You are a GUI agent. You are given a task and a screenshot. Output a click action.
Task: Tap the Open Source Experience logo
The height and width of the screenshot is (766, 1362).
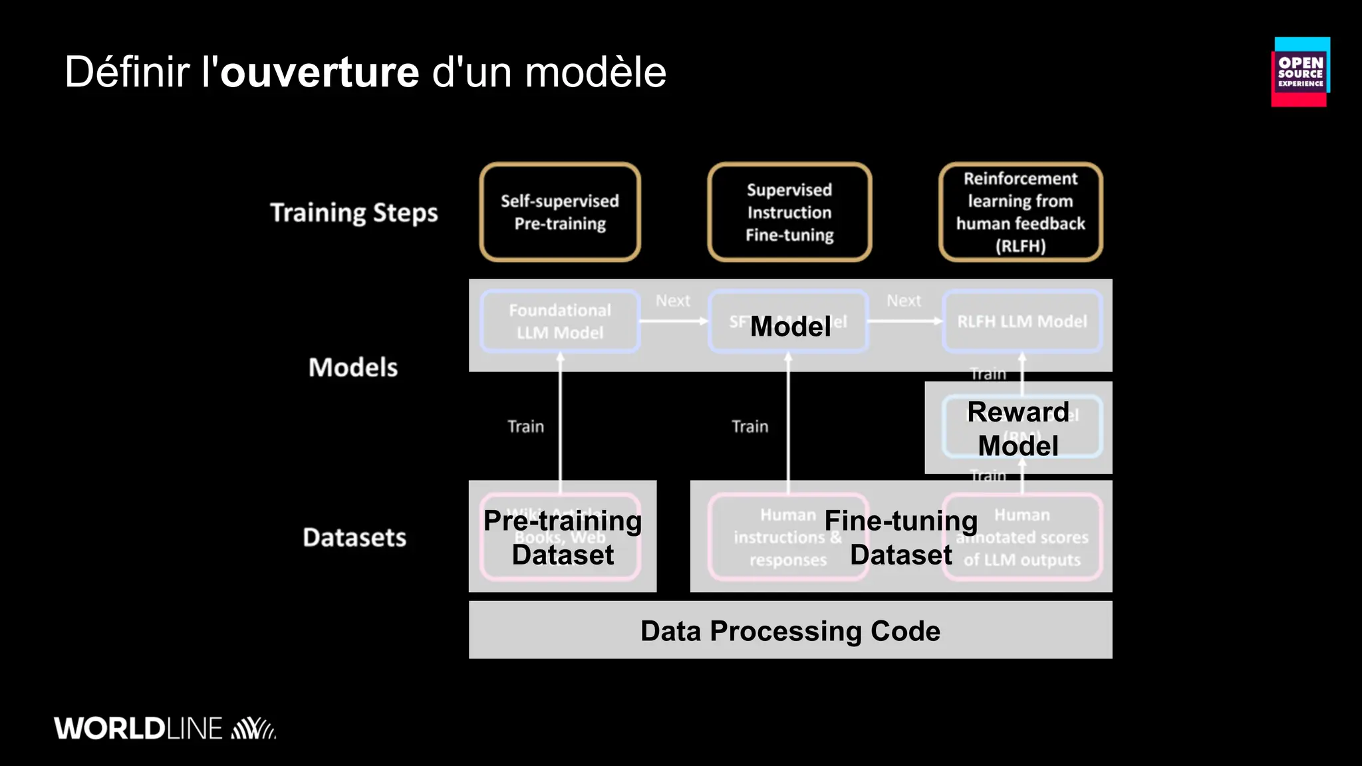point(1300,72)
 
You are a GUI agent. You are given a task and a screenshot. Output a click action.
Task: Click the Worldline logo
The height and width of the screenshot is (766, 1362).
point(164,728)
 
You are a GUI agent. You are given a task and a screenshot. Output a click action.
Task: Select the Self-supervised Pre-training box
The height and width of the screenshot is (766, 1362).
point(560,212)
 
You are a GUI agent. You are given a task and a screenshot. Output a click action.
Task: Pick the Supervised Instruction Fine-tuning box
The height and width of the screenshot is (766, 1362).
point(789,212)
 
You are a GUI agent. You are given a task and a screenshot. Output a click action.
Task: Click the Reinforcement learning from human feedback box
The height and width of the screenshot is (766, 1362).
point(1020,212)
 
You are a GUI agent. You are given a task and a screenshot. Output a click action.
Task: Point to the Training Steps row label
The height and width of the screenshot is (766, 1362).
point(354,213)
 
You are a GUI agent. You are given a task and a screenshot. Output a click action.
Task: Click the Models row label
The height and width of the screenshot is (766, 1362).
point(352,368)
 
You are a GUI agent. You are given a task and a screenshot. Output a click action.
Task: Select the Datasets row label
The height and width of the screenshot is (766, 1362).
point(354,537)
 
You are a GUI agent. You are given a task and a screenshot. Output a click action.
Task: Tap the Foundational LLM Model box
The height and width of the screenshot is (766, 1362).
point(560,321)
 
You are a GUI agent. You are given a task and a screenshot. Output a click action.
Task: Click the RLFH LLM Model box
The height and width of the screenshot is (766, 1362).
point(1022,321)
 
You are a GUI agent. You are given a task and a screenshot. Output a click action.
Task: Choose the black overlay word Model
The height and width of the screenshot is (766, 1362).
point(790,326)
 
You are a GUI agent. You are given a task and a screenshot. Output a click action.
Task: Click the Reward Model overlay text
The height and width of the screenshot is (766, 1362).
point(1018,429)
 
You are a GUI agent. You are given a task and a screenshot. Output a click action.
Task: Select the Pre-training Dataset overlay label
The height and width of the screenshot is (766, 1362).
point(563,537)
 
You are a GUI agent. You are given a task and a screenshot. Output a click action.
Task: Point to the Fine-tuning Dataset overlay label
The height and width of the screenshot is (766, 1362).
point(900,537)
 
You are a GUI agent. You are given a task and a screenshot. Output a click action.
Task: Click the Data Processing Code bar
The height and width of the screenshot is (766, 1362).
point(790,630)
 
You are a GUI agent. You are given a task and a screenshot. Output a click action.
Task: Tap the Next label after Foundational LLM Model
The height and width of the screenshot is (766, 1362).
point(673,301)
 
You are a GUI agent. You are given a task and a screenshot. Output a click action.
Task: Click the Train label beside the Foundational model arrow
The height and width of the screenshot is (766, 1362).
point(525,427)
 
